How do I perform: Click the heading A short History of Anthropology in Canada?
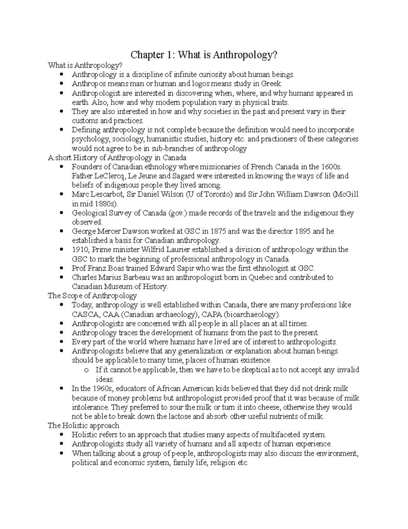pos(117,158)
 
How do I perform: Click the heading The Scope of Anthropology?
pos(92,296)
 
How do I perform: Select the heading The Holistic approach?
pos(83,425)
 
